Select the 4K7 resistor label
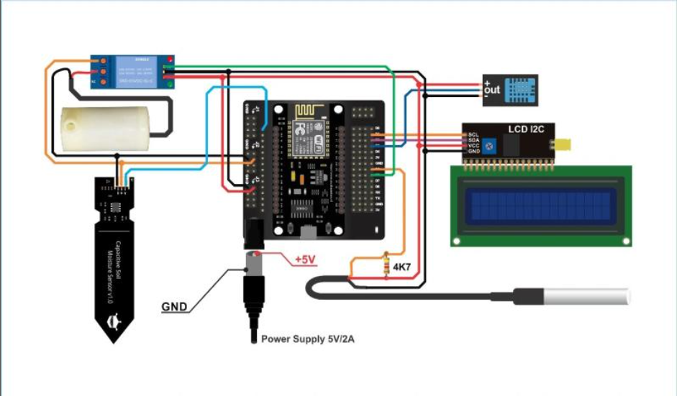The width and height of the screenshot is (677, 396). (401, 267)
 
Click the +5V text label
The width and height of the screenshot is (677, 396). (304, 259)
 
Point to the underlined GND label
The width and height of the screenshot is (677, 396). (174, 307)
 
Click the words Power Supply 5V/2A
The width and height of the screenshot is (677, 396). (307, 338)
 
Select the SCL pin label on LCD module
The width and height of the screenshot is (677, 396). (473, 134)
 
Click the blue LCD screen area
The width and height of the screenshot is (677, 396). (540, 205)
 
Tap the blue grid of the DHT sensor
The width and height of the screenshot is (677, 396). (519, 90)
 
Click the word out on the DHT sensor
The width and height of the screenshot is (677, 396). (492, 91)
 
